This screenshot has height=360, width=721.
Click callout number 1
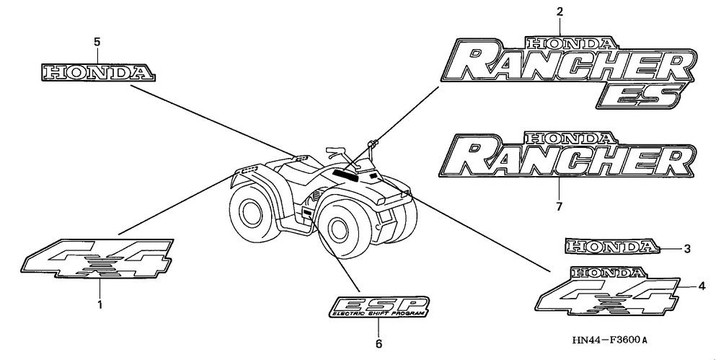click(100, 304)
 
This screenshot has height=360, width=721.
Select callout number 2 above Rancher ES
click(559, 12)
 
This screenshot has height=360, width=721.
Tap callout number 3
click(687, 249)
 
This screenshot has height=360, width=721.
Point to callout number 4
click(702, 285)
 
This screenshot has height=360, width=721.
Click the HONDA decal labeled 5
click(97, 71)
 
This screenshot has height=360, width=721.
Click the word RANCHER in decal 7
click(570, 158)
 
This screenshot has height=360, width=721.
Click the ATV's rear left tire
click(252, 213)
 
